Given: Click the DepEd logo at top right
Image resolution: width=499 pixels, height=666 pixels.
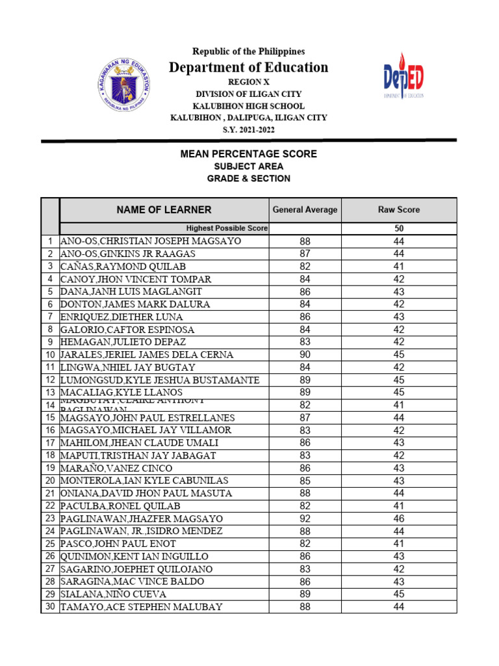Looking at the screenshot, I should pos(402,77).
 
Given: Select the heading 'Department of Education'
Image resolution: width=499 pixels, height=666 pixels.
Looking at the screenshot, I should pos(249,68).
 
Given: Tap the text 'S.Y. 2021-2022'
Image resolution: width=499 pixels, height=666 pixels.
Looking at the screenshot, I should pos(249,129).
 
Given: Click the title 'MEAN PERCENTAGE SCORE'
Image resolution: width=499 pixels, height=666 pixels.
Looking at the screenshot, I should pos(249,154).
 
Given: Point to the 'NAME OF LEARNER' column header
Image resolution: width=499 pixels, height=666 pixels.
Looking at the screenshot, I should pos(164,209).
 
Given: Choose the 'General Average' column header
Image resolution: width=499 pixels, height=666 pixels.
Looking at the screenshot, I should pos(305,209).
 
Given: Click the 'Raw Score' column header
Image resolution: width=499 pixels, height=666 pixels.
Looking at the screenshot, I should pos(399,209).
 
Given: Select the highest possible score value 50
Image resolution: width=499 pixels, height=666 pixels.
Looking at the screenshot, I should pos(399,228).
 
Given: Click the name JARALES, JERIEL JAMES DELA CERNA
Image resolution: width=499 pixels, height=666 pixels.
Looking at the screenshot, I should pos(147,354).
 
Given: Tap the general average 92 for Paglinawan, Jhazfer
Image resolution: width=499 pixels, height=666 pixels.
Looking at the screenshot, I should pos(305,518).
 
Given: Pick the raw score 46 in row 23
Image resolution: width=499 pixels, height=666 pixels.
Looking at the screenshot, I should pos(399,518).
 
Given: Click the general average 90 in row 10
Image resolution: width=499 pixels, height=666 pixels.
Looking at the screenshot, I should pos(305,354).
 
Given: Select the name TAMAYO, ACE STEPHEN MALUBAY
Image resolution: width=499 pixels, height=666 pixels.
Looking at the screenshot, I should pos(142,607).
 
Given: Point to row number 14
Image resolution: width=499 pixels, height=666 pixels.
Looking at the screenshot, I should pos(50,405).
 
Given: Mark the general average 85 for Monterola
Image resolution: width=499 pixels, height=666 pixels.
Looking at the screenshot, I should pos(305,481).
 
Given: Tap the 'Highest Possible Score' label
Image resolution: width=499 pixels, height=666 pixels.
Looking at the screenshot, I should pos(227,228).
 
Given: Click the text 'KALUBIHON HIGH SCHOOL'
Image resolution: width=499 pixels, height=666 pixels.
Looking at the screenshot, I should pos(249,105).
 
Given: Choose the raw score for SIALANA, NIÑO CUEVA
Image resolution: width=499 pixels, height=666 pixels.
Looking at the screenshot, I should pos(399,594).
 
